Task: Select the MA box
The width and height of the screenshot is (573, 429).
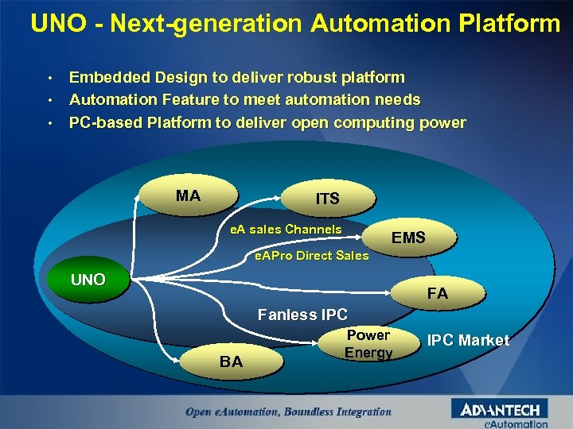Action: (188, 196)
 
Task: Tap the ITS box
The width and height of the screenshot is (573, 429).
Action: (327, 199)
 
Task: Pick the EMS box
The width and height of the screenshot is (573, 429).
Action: (408, 238)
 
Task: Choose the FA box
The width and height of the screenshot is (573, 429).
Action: (437, 293)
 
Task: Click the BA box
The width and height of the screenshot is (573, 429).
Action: (231, 362)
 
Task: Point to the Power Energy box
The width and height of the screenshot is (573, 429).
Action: (368, 343)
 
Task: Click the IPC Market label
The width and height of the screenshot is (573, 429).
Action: (468, 340)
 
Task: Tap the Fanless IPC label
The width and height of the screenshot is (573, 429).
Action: (302, 315)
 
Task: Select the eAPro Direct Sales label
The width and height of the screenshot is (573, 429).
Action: (310, 256)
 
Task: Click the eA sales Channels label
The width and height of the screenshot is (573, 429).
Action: (286, 230)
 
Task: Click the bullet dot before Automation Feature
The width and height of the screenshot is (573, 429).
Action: (49, 101)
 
